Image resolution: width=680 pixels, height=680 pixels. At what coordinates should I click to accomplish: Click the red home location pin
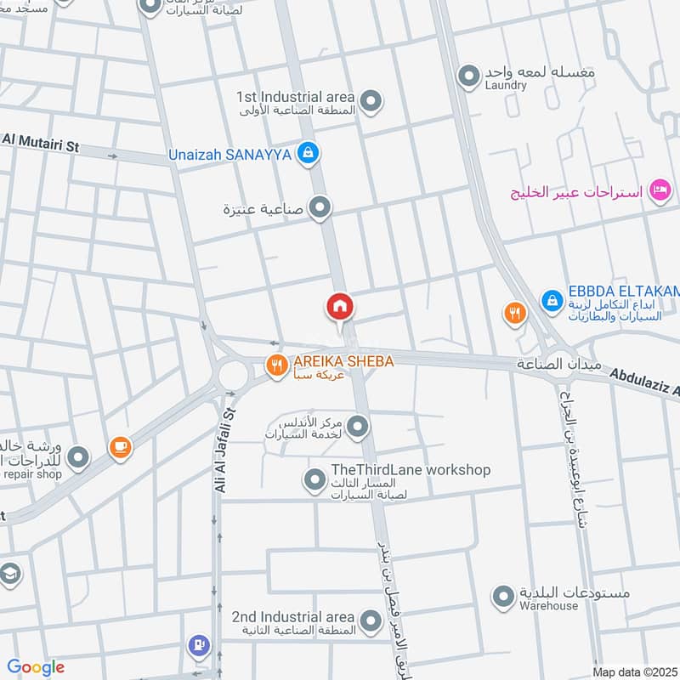pyautogui.click(x=340, y=307)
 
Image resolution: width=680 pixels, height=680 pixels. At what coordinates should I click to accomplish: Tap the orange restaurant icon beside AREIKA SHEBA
pyautogui.click(x=275, y=366)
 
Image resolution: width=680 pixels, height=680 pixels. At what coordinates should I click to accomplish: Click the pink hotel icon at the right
pyautogui.click(x=658, y=190)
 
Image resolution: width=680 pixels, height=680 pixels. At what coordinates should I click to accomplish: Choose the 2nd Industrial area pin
pyautogui.click(x=370, y=621)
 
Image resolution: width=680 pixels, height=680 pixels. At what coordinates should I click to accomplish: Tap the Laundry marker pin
pyautogui.click(x=467, y=77)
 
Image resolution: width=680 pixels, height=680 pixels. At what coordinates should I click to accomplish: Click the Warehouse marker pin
pyautogui.click(x=505, y=595)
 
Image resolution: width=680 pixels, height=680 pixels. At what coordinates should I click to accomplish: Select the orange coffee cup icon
pyautogui.click(x=119, y=445)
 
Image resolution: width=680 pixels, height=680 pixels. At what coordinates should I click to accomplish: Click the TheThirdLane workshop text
pyautogui.click(x=399, y=470)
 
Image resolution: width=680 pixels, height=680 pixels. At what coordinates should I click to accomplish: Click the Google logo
pyautogui.click(x=36, y=667)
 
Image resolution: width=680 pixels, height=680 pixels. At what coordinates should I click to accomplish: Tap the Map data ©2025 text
pyautogui.click(x=633, y=671)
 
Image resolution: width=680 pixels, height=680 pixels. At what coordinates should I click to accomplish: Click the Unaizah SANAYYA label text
pyautogui.click(x=229, y=154)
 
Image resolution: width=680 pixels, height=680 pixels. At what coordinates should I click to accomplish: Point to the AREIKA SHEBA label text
pyautogui.click(x=343, y=361)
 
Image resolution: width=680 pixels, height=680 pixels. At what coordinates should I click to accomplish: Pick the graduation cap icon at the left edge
pyautogui.click(x=8, y=574)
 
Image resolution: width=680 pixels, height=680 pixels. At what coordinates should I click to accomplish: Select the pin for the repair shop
pyautogui.click(x=78, y=459)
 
